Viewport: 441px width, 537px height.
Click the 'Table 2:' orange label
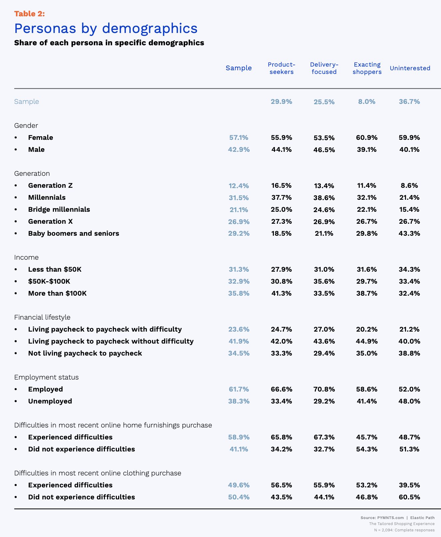point(29,14)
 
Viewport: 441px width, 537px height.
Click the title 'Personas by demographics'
point(106,28)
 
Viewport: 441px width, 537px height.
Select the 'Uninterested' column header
point(410,68)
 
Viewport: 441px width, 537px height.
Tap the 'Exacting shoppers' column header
point(367,68)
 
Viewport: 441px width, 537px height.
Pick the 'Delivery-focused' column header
point(324,68)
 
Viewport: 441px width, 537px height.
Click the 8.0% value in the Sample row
point(367,102)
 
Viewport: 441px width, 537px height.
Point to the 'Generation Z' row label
point(50,185)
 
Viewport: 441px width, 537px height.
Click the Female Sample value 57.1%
point(239,137)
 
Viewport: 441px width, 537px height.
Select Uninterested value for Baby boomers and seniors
point(409,233)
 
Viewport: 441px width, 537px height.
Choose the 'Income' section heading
point(26,257)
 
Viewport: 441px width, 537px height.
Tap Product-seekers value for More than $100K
point(282,293)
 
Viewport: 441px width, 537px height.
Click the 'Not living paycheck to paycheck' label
point(85,353)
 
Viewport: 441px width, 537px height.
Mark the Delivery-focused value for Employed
point(324,389)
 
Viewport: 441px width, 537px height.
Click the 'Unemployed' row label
point(50,401)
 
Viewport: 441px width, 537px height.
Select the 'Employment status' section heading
point(46,377)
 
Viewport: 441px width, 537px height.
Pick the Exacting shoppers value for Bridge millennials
point(367,209)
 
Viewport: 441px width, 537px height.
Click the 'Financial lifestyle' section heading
point(42,317)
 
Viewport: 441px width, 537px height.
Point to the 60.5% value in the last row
point(409,497)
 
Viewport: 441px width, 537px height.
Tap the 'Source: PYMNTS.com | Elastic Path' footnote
point(397,518)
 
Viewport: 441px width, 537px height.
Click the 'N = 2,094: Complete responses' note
point(404,530)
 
